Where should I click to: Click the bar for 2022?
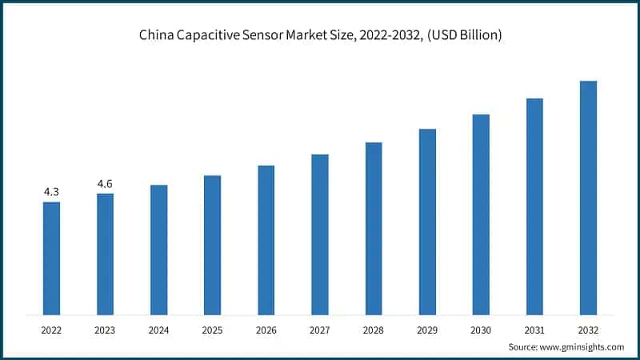pos(51,258)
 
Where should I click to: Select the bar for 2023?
pos(105,254)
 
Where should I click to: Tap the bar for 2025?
pos(212,244)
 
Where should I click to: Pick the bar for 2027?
pos(320,234)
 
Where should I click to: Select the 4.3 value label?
pos(51,192)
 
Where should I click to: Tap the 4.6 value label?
pos(105,184)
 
